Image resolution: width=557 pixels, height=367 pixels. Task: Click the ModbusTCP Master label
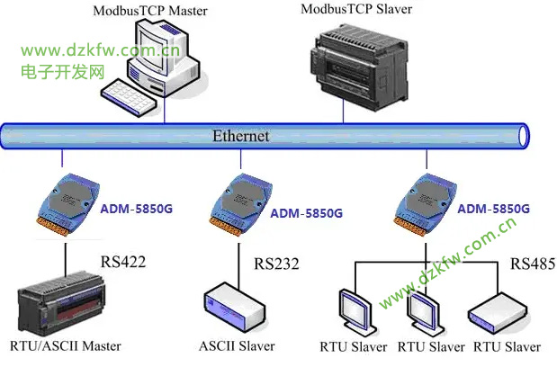click(149, 11)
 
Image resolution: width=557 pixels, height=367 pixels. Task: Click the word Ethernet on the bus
click(240, 137)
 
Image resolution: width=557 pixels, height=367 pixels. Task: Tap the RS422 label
click(124, 263)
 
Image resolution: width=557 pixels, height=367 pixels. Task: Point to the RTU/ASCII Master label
click(64, 345)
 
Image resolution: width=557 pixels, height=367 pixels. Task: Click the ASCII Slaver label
click(237, 345)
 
